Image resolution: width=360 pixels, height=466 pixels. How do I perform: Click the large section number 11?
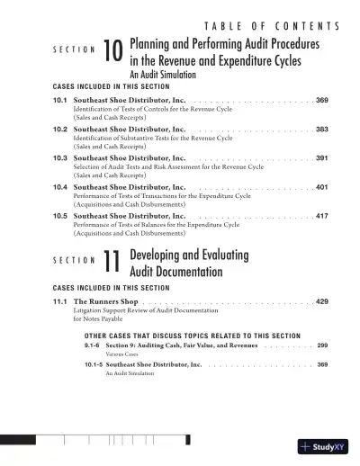[x=112, y=260]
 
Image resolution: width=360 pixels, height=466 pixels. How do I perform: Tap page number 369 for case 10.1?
[x=321, y=102]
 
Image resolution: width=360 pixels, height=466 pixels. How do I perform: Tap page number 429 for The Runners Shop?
[x=321, y=301]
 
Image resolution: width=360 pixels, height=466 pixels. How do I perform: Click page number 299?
[x=322, y=346]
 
